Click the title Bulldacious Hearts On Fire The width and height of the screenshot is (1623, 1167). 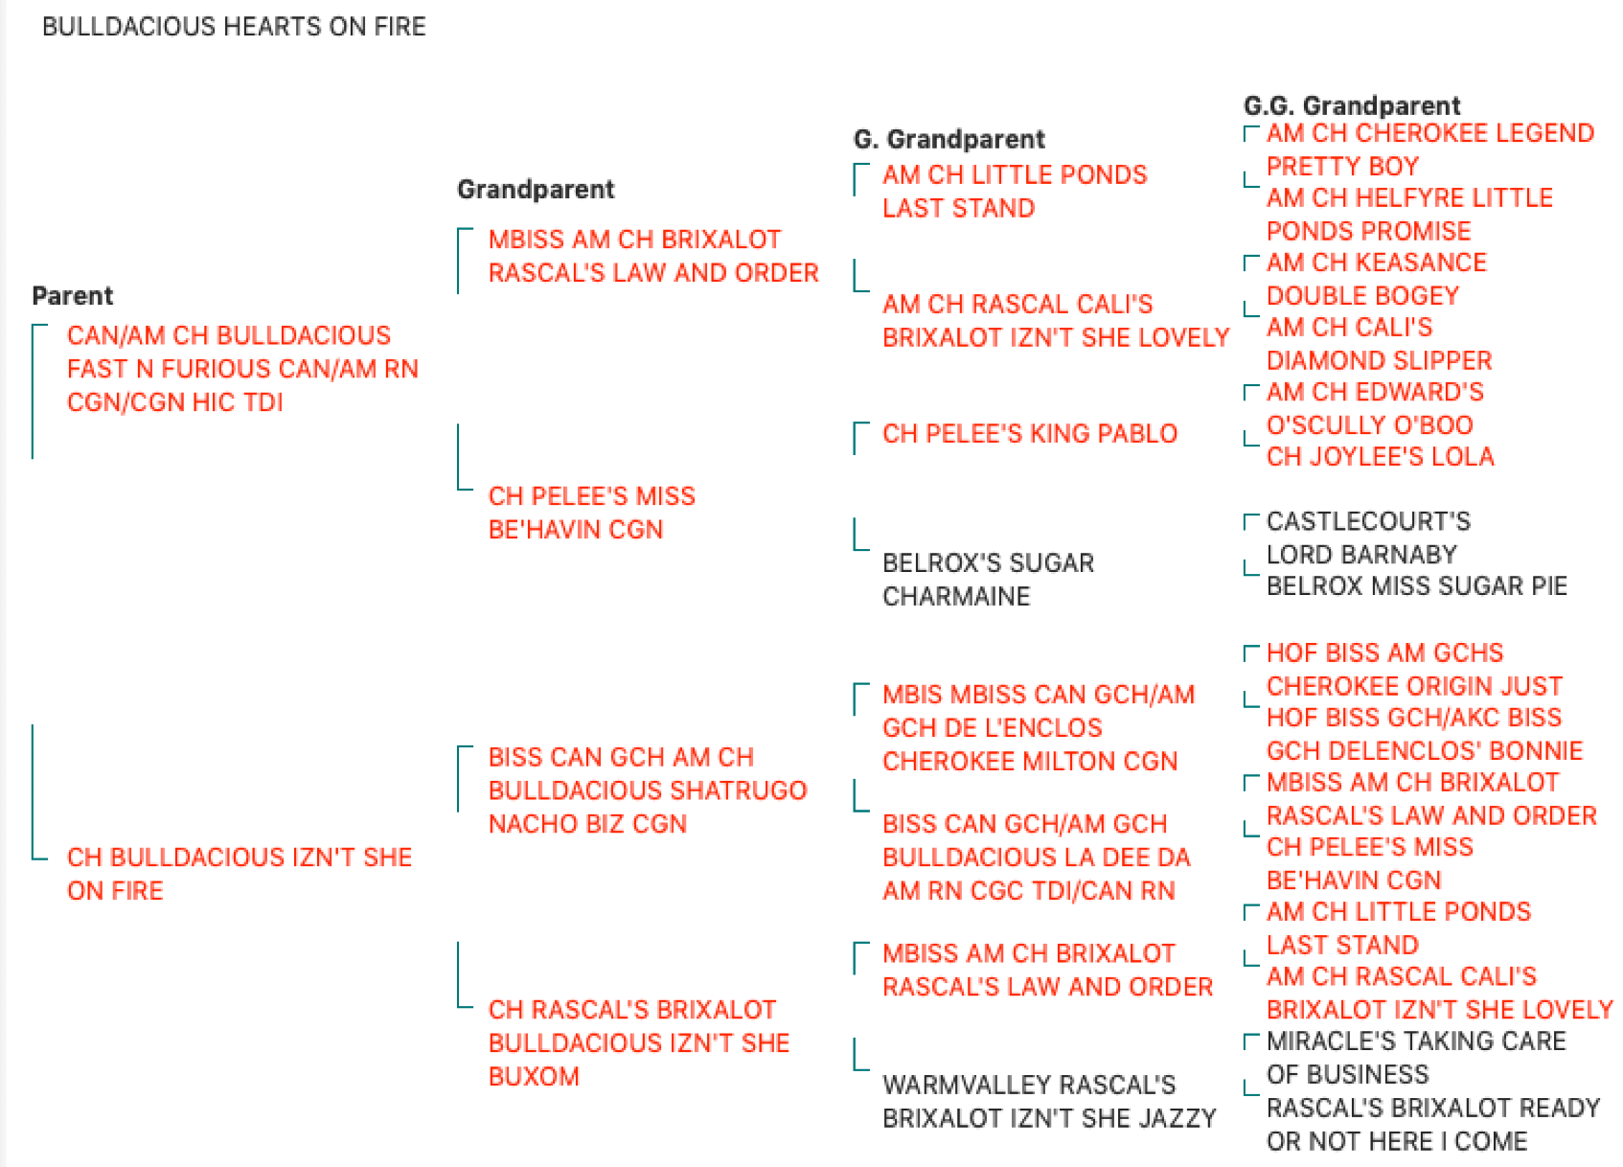tap(234, 27)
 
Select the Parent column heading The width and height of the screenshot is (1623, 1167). tap(73, 295)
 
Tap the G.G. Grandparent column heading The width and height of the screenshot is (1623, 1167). tap(1352, 105)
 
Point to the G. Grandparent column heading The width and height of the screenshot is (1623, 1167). tap(949, 139)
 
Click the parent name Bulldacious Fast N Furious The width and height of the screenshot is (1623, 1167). tap(242, 369)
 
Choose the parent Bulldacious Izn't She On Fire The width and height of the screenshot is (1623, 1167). tap(240, 874)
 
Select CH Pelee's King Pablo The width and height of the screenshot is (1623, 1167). tap(1030, 433)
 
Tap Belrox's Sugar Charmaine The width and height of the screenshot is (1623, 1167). tap(989, 580)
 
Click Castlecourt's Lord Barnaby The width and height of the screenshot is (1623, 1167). tap(1369, 538)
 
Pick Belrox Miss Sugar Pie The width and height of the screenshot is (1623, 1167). tap(1416, 585)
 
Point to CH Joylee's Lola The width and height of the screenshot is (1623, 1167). tap(1381, 456)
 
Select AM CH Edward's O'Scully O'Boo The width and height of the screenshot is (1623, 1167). tap(1375, 408)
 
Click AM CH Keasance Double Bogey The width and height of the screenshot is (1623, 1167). tap(1377, 279)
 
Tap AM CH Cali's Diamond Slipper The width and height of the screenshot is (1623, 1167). tap(1380, 344)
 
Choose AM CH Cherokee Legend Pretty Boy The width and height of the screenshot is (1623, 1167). tap(1430, 149)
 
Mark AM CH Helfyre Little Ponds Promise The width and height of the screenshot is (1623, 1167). tap(1410, 215)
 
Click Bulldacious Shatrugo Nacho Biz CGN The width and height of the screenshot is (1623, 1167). tap(648, 790)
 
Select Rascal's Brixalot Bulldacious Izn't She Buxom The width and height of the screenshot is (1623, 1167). tap(639, 1043)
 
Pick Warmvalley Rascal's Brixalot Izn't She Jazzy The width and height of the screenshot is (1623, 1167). tap(1049, 1102)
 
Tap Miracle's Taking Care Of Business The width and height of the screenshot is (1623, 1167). tap(1416, 1058)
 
